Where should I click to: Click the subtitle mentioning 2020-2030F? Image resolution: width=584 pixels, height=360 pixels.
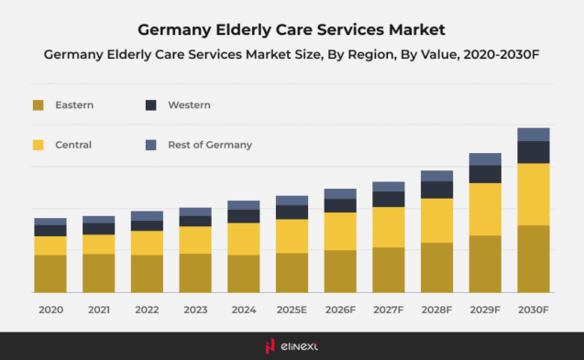(x=292, y=55)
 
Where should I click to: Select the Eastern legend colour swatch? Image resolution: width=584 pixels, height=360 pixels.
(x=38, y=105)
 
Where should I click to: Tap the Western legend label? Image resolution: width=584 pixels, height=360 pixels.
(x=189, y=105)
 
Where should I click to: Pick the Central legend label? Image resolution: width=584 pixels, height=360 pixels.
(x=73, y=145)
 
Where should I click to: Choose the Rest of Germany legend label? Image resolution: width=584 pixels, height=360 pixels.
(x=210, y=145)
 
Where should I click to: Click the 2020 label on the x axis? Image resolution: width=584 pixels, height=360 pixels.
(x=50, y=311)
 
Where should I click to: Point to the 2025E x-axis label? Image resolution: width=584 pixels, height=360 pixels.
(x=292, y=311)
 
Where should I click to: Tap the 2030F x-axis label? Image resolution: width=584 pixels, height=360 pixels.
(x=533, y=311)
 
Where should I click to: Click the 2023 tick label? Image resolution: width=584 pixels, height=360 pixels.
(x=195, y=311)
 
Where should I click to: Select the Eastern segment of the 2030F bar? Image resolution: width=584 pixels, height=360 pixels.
(x=534, y=258)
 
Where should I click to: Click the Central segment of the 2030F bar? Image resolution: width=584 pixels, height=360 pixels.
(x=534, y=194)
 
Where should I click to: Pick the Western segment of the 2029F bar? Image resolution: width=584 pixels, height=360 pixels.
(x=485, y=174)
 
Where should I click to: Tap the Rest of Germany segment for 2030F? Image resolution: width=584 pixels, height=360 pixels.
(x=534, y=135)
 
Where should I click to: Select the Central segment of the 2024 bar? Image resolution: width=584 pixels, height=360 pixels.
(x=244, y=239)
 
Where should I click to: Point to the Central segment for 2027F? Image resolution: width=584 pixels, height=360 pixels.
(x=389, y=227)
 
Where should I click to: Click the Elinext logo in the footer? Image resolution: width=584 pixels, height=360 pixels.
(x=292, y=345)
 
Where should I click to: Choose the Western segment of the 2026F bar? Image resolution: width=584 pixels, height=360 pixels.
(x=340, y=205)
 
